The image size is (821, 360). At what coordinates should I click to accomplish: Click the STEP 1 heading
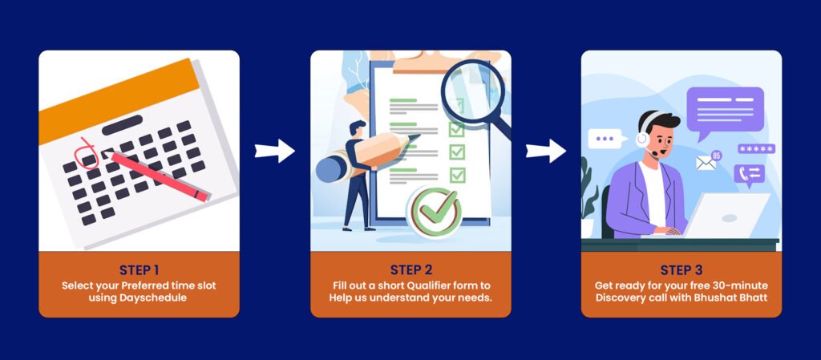pyautogui.click(x=139, y=270)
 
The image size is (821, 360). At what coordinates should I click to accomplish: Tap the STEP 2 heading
pyautogui.click(x=411, y=270)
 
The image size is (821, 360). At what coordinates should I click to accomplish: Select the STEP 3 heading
pyautogui.click(x=681, y=270)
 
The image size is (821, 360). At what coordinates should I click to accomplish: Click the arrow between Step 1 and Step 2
pyautogui.click(x=275, y=152)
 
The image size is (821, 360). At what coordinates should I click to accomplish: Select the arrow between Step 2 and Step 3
pyautogui.click(x=546, y=152)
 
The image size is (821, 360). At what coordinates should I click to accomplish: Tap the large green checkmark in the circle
pyautogui.click(x=435, y=211)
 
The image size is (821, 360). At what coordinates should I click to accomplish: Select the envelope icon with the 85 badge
pyautogui.click(x=706, y=163)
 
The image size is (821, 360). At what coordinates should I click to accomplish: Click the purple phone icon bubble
pyautogui.click(x=750, y=174)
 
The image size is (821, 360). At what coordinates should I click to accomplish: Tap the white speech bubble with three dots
pyautogui.click(x=606, y=139)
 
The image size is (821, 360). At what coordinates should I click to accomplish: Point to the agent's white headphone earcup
pyautogui.click(x=642, y=139)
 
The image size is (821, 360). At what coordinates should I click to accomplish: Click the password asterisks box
pyautogui.click(x=757, y=149)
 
